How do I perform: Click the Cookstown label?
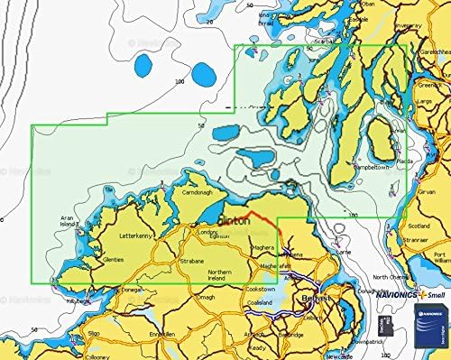268,289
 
